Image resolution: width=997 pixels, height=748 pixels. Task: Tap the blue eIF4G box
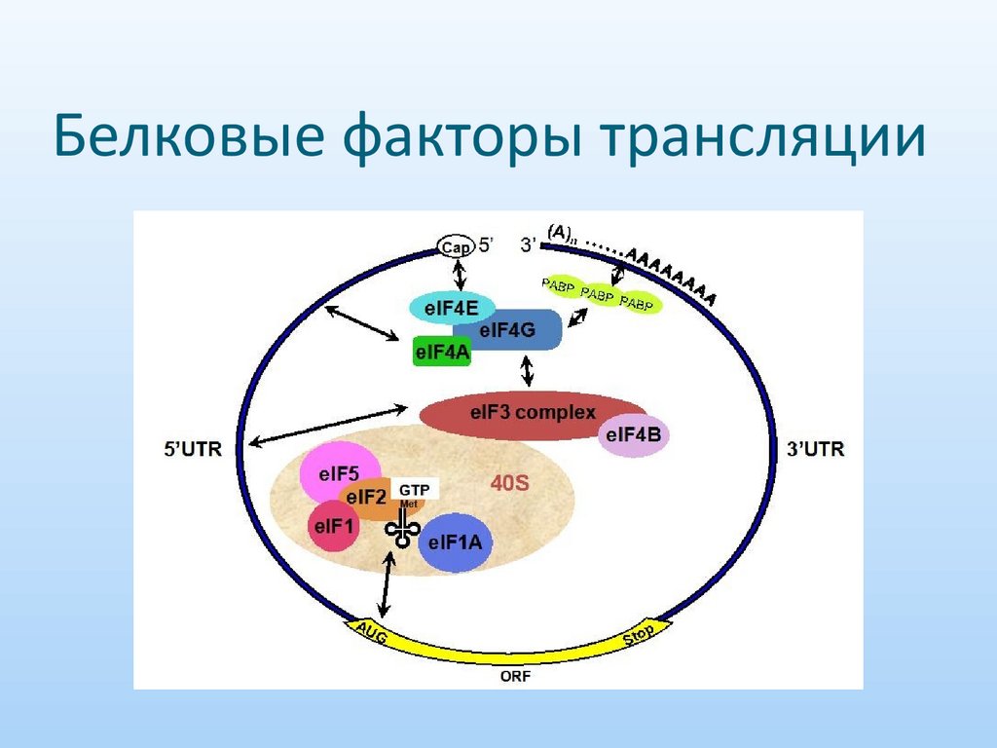click(514, 331)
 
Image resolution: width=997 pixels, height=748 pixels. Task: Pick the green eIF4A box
click(442, 354)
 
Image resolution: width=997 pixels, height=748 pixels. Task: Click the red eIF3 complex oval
click(533, 413)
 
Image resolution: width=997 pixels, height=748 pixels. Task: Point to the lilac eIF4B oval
click(633, 436)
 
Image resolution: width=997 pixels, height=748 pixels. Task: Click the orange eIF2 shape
click(368, 500)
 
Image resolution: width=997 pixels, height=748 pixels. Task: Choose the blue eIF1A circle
click(455, 542)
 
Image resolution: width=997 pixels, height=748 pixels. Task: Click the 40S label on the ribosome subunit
click(508, 482)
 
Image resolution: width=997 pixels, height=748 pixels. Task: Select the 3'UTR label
click(815, 450)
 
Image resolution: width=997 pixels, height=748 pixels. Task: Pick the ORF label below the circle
click(517, 676)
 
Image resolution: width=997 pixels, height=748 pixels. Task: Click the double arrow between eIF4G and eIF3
click(528, 371)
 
